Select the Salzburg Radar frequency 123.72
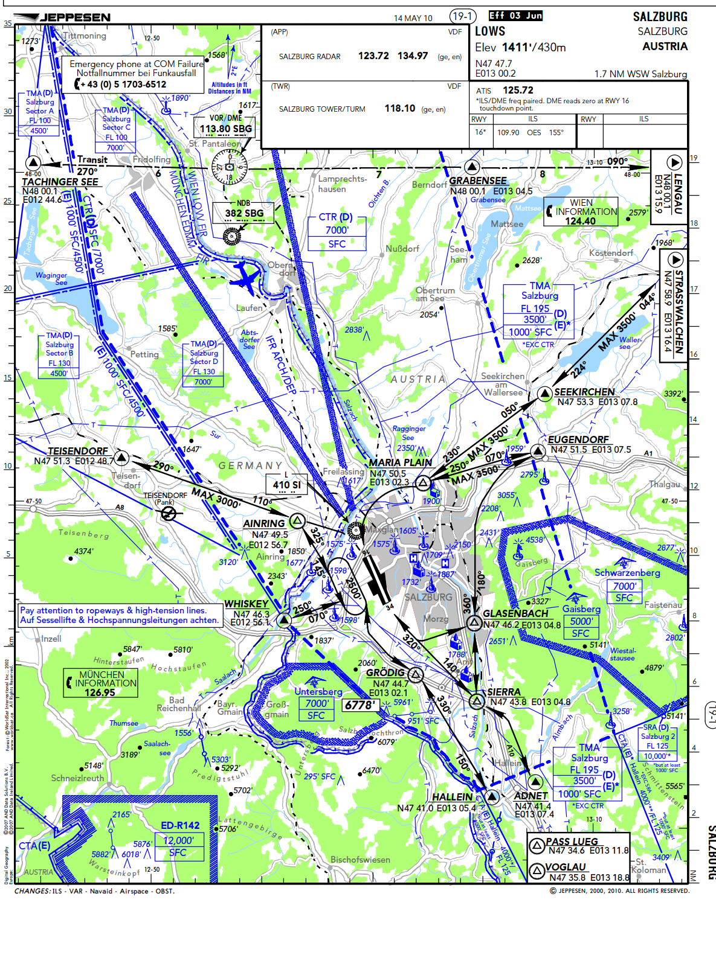373,56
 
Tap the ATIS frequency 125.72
518,90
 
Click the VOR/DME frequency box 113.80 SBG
225,128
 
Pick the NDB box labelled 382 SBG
244,213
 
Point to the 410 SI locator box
286,484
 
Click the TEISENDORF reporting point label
77,451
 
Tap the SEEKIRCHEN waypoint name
584,392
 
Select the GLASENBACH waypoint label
515,613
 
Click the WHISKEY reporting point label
246,604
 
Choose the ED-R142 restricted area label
180,825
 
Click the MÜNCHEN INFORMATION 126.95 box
102,683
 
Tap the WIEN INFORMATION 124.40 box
581,212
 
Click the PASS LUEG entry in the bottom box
571,842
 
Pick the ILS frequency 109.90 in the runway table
508,132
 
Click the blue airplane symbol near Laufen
245,276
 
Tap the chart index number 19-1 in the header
463,16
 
